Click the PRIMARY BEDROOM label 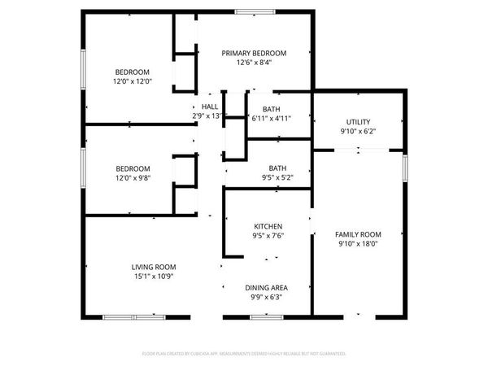(x=254, y=52)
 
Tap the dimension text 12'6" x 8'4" (x=254, y=62)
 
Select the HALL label (x=209, y=107)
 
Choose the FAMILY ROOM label (x=359, y=234)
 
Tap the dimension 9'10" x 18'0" (x=359, y=244)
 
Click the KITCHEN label (x=268, y=226)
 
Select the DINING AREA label (x=267, y=288)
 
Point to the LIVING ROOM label (x=154, y=267)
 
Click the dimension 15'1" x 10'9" (x=154, y=277)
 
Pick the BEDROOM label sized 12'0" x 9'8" (x=131, y=168)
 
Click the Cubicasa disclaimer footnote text (x=244, y=354)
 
